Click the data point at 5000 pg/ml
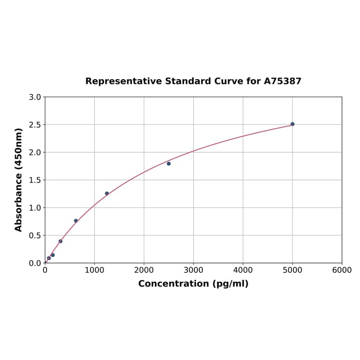pyautogui.click(x=292, y=124)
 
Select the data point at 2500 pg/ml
pyautogui.click(x=169, y=164)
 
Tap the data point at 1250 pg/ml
pyautogui.click(x=107, y=193)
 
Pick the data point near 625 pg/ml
pyautogui.click(x=76, y=221)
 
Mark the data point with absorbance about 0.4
pyautogui.click(x=60, y=241)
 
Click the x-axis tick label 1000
pyautogui.click(x=94, y=270)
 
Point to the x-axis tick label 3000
pyautogui.click(x=193, y=270)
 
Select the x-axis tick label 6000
pyautogui.click(x=342, y=270)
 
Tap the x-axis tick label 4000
pyautogui.click(x=243, y=270)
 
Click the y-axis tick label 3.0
pyautogui.click(x=35, y=97)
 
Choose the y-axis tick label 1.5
pyautogui.click(x=35, y=180)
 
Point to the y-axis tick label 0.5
pyautogui.click(x=35, y=235)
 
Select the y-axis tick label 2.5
pyautogui.click(x=35, y=125)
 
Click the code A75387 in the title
pyautogui.click(x=282, y=81)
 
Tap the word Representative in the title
pyautogui.click(x=124, y=81)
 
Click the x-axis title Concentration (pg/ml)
pyautogui.click(x=193, y=284)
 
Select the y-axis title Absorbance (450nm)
pyautogui.click(x=19, y=180)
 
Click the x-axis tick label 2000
pyautogui.click(x=144, y=270)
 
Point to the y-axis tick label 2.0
pyautogui.click(x=35, y=152)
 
